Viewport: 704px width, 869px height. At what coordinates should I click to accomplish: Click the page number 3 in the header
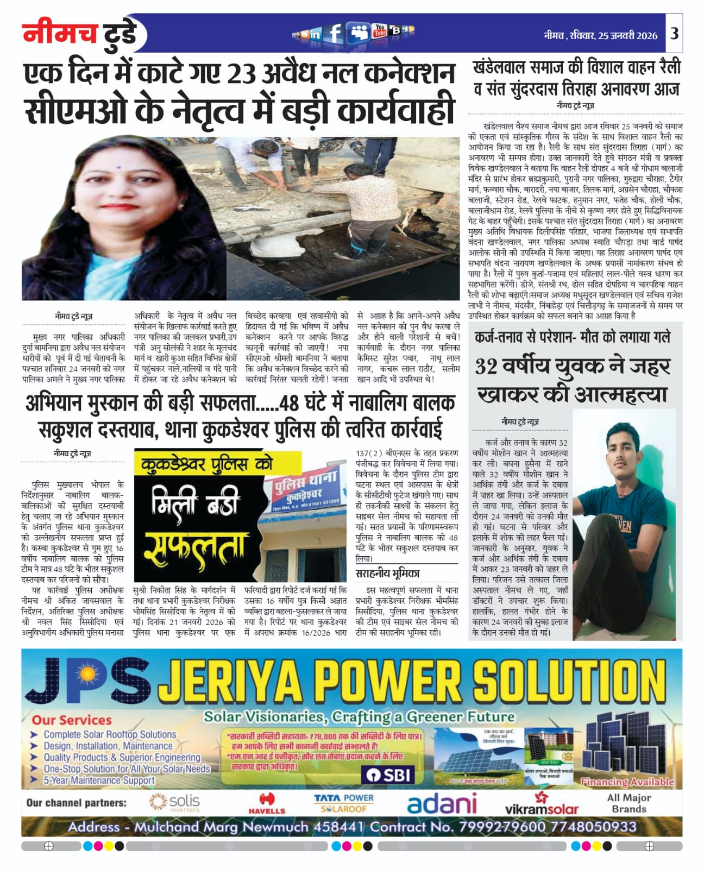point(674,34)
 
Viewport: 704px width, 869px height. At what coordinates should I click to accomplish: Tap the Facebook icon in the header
point(336,33)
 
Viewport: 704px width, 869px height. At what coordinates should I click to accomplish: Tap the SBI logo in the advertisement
point(389,774)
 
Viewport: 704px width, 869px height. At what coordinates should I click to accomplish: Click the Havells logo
point(267,803)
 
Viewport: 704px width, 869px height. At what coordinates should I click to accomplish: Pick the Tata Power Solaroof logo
point(344,803)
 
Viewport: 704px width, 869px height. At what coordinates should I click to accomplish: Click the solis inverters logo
point(174,803)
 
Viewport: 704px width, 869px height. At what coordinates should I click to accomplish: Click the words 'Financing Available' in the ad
point(627,782)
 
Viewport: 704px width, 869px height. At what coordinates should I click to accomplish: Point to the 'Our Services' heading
point(72,720)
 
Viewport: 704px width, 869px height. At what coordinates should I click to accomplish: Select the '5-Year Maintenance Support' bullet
point(99,780)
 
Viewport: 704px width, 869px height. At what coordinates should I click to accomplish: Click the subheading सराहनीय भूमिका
point(387,574)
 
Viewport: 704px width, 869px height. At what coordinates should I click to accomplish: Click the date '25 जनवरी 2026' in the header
point(627,36)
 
